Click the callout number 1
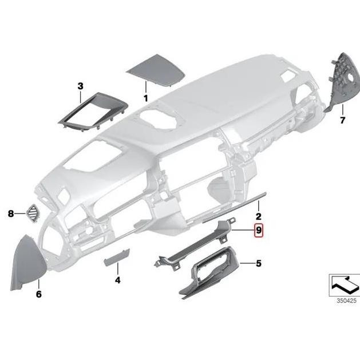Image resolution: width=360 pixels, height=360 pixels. [x=146, y=98]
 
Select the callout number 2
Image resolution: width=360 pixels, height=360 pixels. [x=258, y=216]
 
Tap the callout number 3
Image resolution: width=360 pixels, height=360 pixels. [x=80, y=86]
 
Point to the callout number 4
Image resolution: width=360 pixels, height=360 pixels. [x=117, y=280]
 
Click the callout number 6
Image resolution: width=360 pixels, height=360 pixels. [x=39, y=294]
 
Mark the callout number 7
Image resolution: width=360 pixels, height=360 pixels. [x=343, y=120]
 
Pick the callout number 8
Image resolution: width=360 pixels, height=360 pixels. [x=11, y=214]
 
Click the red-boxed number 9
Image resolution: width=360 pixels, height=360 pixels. [x=259, y=231]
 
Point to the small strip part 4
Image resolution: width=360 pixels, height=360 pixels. [x=116, y=261]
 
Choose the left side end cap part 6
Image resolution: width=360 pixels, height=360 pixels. [x=25, y=263]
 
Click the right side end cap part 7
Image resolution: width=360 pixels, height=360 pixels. [x=339, y=80]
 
